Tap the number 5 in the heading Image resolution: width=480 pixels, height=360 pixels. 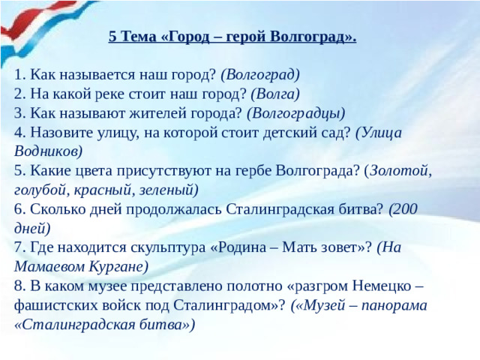[112, 36]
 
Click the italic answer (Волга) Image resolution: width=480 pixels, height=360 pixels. [275, 93]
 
